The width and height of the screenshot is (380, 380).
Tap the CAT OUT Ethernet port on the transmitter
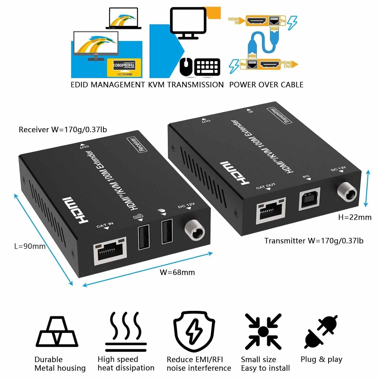(x=271, y=210)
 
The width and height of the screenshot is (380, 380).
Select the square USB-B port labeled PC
(x=309, y=199)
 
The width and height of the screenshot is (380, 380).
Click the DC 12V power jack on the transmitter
(x=347, y=192)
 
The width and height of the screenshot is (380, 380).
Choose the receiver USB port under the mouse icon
(x=167, y=231)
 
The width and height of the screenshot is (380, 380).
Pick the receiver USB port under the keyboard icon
(x=144, y=238)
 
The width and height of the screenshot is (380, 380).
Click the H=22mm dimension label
(x=355, y=217)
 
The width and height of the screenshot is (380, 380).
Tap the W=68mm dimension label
(x=177, y=273)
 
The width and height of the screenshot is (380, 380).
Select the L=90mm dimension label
(x=30, y=246)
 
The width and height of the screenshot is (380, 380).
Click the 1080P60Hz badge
(x=124, y=65)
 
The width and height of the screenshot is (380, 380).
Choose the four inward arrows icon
(x=263, y=331)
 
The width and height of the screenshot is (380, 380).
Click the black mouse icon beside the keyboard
(x=186, y=66)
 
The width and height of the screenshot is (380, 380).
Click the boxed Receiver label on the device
(x=137, y=144)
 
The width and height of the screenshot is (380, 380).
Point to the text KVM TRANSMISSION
(x=186, y=85)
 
